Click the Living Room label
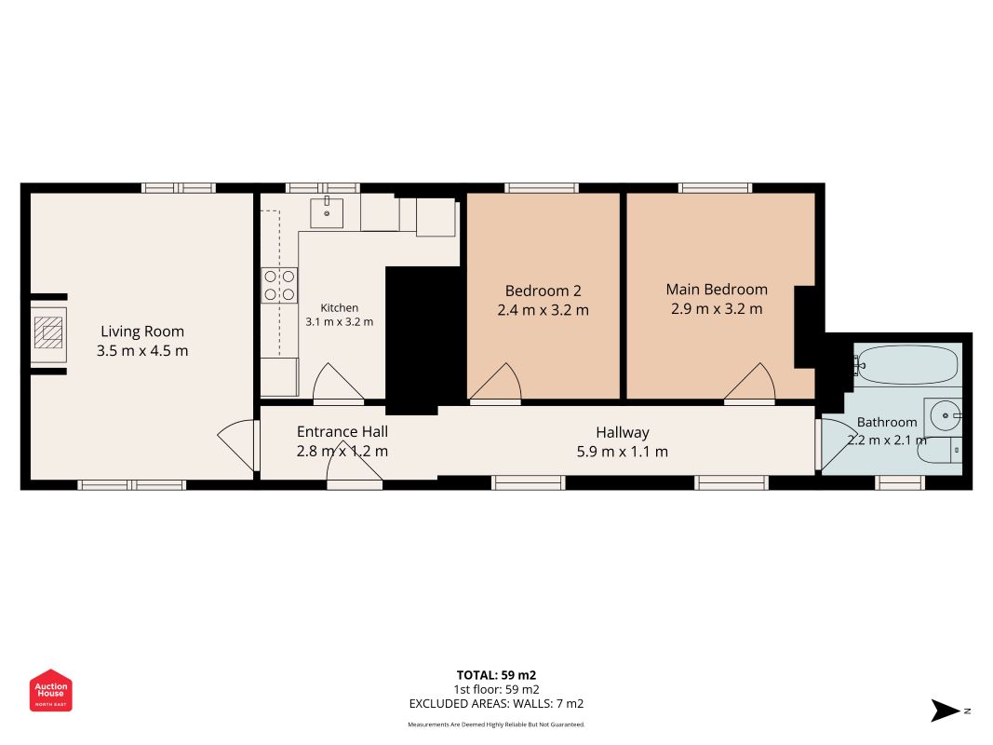(x=142, y=332)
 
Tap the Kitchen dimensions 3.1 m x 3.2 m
(x=340, y=322)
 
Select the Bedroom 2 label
(x=543, y=291)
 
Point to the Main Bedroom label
(x=717, y=290)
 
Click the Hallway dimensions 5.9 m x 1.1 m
(x=622, y=452)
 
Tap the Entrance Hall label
(x=342, y=431)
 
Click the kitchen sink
(x=327, y=213)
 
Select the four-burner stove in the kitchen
(x=279, y=285)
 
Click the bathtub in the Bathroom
(x=905, y=364)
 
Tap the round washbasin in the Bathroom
(x=944, y=416)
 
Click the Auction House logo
(x=50, y=690)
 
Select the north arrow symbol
(x=945, y=711)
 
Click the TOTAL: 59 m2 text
(x=497, y=675)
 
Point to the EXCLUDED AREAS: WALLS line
(x=497, y=704)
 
